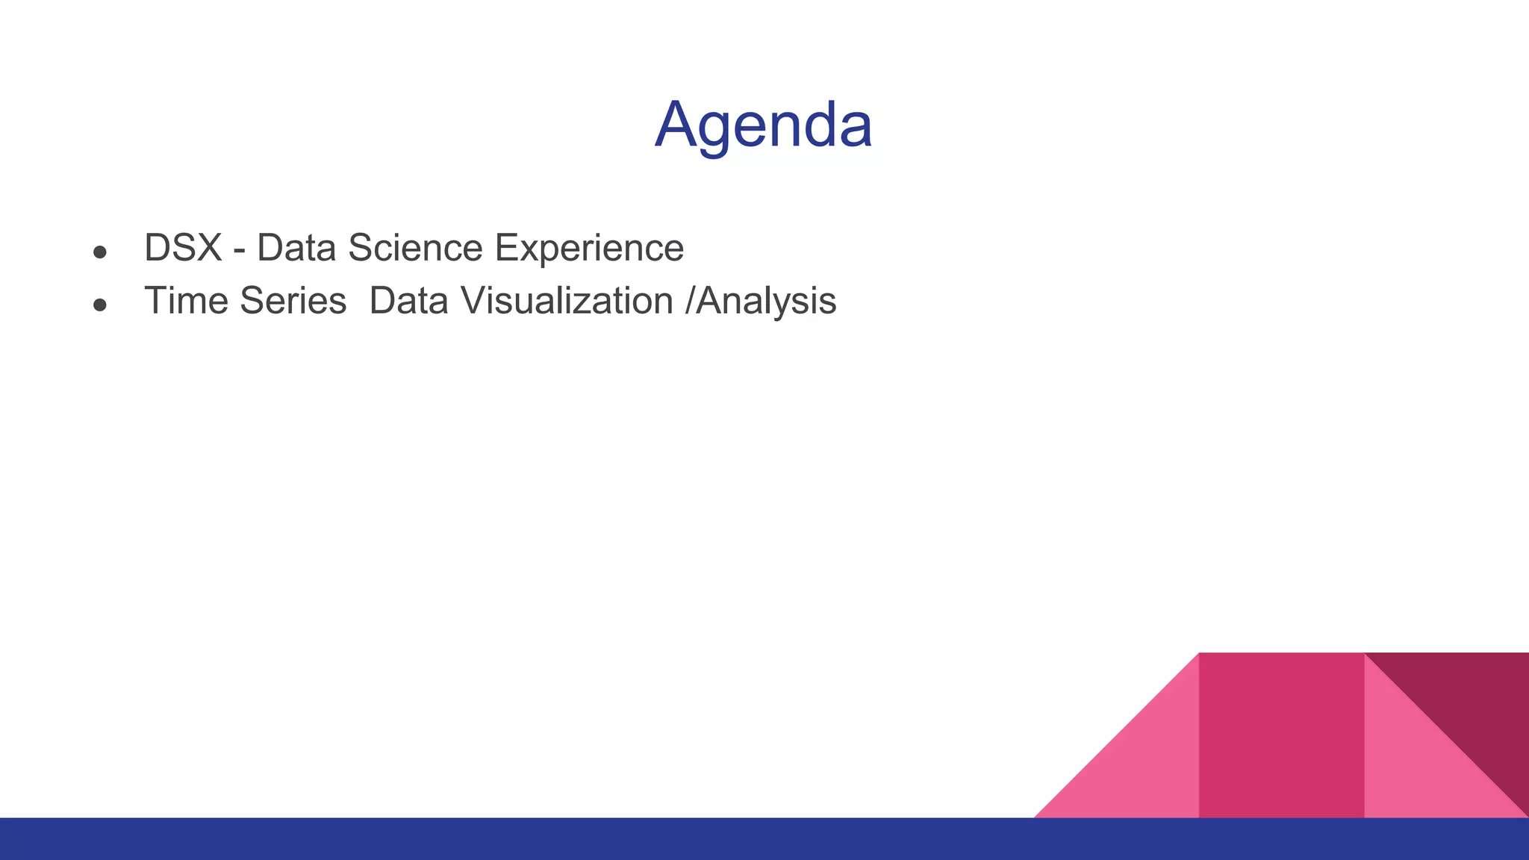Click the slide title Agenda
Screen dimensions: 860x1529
tap(763, 125)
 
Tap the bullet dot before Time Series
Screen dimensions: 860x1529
tap(100, 305)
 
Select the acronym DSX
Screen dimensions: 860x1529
tap(183, 248)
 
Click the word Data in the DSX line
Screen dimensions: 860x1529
tap(296, 248)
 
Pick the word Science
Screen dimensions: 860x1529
tap(415, 248)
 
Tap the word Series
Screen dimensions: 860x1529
tap(293, 301)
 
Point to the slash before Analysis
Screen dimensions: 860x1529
tap(690, 301)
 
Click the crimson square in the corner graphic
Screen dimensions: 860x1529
tap(1281, 735)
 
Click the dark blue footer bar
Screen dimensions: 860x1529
tap(764, 839)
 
